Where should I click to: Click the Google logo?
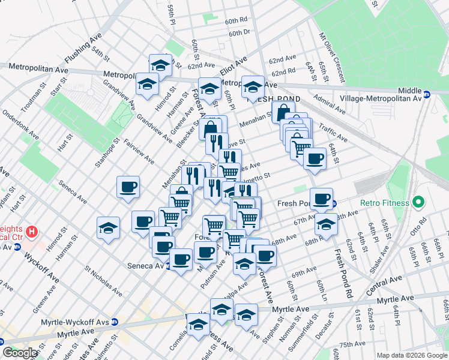tap(20, 353)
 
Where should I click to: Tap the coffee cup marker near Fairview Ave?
tap(128, 187)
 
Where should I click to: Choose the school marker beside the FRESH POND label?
tap(253, 86)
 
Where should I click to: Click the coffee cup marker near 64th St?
tap(315, 159)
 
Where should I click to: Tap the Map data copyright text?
tap(412, 355)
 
